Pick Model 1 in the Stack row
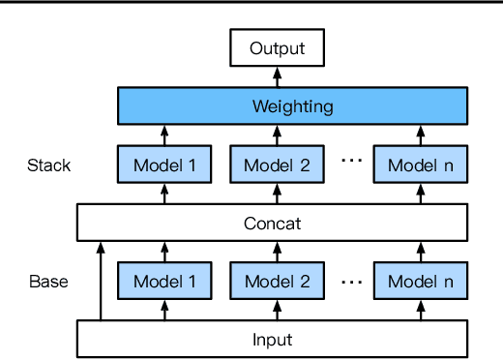pos(163,165)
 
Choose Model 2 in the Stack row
pos(276,165)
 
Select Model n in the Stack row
pos(420,165)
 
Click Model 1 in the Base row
pos(163,283)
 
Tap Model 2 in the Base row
pos(276,283)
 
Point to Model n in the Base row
pos(420,283)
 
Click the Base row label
pos(47,283)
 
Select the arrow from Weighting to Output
pos(276,75)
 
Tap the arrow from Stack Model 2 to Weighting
pos(276,135)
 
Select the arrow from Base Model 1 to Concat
pos(163,253)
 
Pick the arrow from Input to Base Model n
pos(420,312)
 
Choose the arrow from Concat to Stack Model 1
pos(163,194)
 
